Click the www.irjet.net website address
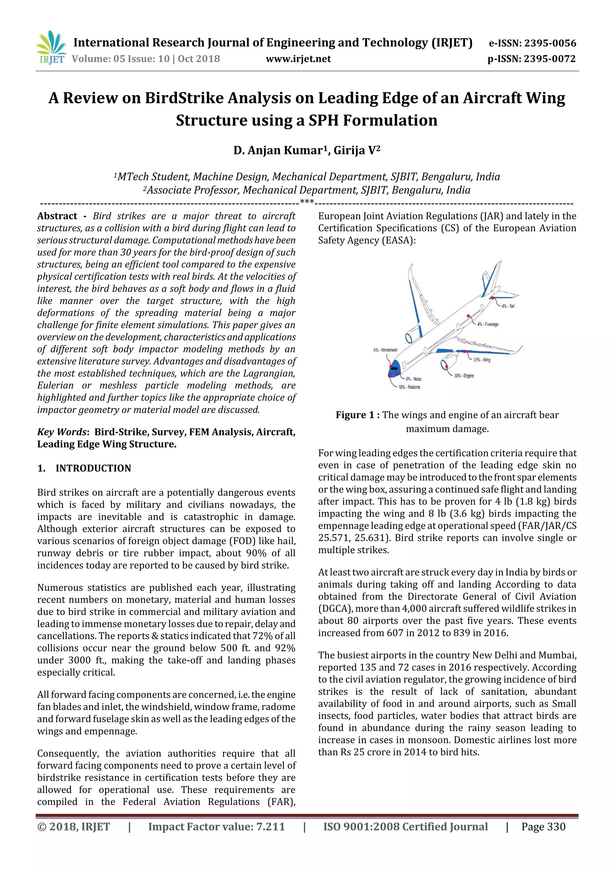[x=298, y=59]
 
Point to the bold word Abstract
[x=57, y=216]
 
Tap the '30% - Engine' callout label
[x=464, y=376]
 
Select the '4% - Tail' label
[x=508, y=306]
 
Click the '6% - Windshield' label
[x=385, y=350]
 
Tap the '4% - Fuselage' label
[x=488, y=324]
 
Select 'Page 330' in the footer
[x=543, y=827]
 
